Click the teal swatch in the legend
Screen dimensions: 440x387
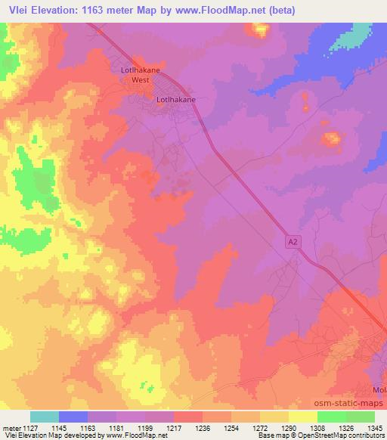(x=45, y=417)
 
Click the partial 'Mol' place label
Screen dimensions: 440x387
(x=379, y=390)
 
